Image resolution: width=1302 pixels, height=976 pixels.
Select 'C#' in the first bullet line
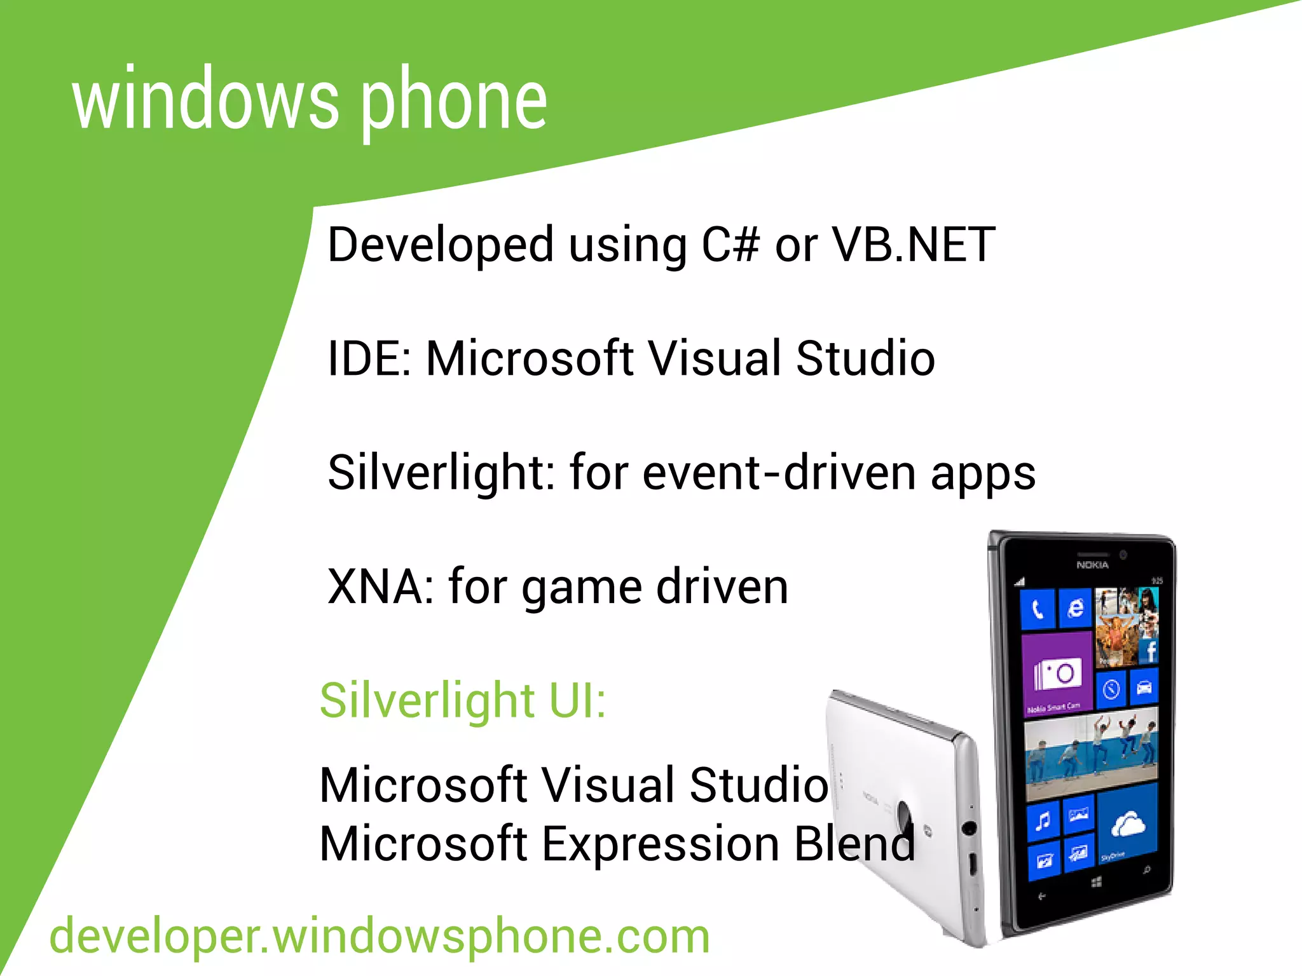click(730, 245)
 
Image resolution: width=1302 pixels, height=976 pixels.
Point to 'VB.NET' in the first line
click(914, 245)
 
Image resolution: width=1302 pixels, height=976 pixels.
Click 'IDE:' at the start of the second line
click(369, 359)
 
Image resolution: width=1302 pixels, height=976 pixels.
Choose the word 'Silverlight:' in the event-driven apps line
click(441, 473)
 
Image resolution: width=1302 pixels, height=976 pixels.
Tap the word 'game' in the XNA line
click(581, 588)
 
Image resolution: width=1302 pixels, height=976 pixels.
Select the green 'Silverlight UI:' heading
click(463, 700)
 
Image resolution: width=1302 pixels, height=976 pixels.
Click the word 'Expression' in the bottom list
click(661, 844)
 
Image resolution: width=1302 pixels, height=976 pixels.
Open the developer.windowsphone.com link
click(380, 937)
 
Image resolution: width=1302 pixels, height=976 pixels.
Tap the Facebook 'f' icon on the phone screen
click(1149, 651)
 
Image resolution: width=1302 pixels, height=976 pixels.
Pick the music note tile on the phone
click(1043, 822)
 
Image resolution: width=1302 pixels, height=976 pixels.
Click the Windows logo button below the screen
click(1097, 882)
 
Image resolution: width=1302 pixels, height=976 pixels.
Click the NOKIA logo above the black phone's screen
click(1092, 565)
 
